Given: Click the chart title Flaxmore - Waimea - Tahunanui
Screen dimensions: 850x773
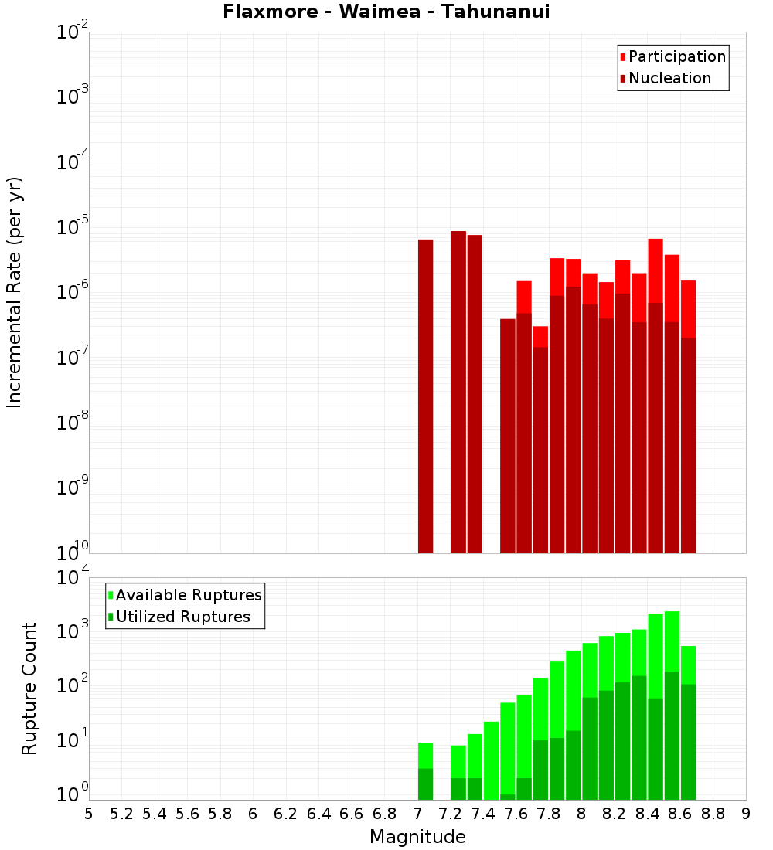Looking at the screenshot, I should [x=386, y=12].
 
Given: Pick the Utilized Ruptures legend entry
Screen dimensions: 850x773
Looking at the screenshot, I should [x=182, y=617].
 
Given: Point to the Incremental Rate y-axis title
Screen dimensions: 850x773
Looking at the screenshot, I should [x=15, y=292].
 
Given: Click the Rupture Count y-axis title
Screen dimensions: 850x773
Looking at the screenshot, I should [x=29, y=688].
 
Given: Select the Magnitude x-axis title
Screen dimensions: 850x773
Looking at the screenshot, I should [x=417, y=837].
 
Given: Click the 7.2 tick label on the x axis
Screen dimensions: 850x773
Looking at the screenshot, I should [x=450, y=814].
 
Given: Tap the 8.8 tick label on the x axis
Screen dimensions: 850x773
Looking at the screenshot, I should [x=713, y=814].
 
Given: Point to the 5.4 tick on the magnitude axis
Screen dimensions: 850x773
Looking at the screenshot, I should [x=155, y=814].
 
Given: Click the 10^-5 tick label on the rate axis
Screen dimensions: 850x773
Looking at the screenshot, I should [x=72, y=227].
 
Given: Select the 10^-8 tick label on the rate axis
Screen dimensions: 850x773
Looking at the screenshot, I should [x=72, y=423].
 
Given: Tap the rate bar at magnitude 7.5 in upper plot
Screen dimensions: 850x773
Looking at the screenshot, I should [x=508, y=436].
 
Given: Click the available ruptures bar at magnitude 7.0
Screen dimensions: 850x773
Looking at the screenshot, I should [x=425, y=756].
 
